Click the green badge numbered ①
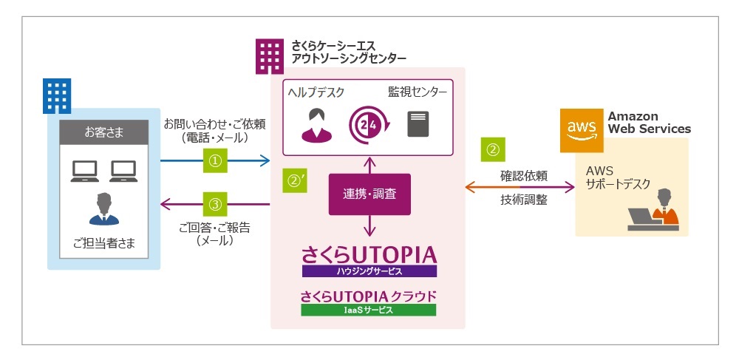pos(214,160)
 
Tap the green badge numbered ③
pos(214,203)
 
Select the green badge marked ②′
pos(296,179)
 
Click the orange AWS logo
pos(581,129)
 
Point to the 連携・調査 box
pos(369,194)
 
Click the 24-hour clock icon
pos(367,123)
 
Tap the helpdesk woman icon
pos(316,124)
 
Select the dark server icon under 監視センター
pos(418,124)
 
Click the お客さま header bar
pos(103,132)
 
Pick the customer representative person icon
pos(103,208)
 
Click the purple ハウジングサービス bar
pos(369,271)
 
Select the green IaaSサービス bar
pos(368,310)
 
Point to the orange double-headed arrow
pos(520,188)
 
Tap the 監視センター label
pos(418,92)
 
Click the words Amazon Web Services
pos(649,123)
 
